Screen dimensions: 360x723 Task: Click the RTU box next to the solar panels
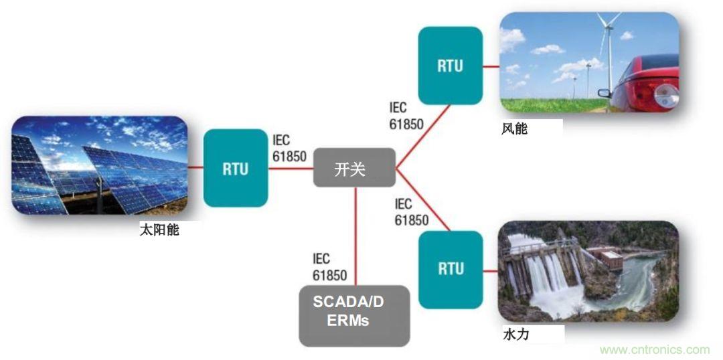[236, 168]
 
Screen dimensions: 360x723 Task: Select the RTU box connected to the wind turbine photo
[451, 66]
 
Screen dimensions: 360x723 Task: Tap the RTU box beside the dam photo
[451, 268]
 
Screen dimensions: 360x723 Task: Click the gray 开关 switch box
[354, 168]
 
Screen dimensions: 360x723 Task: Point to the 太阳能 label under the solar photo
[159, 230]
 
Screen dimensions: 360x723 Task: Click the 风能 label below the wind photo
[514, 128]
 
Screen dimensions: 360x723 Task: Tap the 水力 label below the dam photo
[515, 333]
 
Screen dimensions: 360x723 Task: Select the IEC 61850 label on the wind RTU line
[406, 116]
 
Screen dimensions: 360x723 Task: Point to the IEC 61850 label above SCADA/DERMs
[329, 267]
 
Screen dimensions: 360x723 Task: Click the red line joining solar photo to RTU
[195, 168]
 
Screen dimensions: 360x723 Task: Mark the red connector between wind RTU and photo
[491, 66]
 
